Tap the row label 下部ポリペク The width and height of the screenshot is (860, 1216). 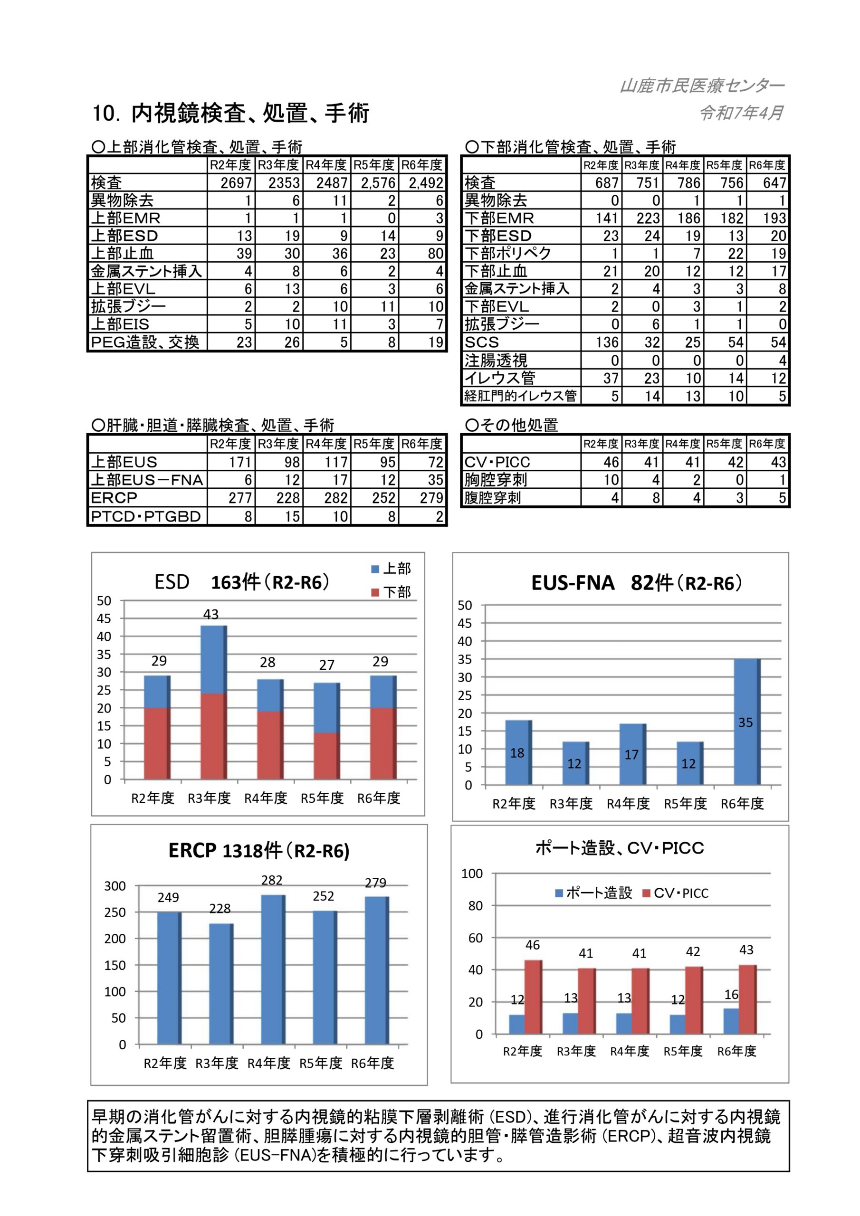click(507, 253)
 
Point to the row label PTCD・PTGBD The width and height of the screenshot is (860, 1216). click(146, 516)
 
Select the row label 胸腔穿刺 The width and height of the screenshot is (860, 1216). click(496, 480)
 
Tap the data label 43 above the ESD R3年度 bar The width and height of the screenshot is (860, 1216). click(211, 614)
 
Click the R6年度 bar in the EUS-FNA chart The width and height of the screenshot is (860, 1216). click(746, 722)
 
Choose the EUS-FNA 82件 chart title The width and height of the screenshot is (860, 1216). click(636, 583)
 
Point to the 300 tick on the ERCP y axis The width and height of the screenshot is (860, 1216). click(115, 886)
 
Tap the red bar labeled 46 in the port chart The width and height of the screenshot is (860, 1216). click(533, 996)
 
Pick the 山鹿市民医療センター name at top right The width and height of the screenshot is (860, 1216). click(702, 86)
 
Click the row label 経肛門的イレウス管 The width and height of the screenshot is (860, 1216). click(520, 396)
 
